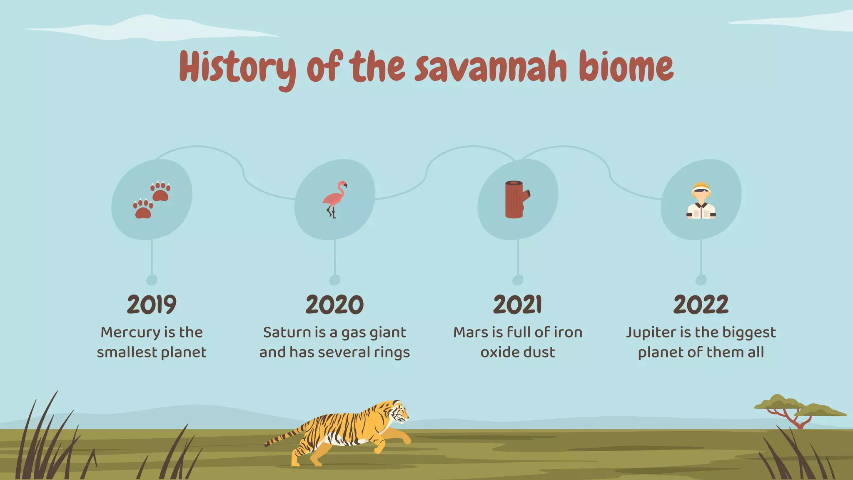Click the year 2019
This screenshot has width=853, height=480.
pos(152,305)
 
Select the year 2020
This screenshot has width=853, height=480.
pos(334,305)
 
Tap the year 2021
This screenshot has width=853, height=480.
pos(518,305)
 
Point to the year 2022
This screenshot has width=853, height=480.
pos(701,305)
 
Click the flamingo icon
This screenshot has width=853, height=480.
pos(334,199)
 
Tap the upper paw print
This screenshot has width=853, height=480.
pos(160,191)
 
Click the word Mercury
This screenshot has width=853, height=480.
pos(130,332)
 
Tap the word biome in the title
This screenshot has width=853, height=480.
pos(626,67)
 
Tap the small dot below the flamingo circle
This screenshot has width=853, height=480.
pos(334,280)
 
